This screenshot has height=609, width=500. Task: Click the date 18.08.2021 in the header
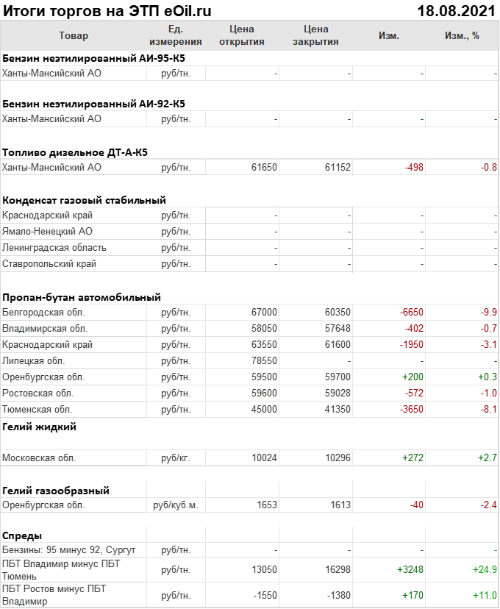click(x=455, y=10)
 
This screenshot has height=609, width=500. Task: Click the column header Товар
click(x=73, y=36)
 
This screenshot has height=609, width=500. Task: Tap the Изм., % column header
click(x=462, y=36)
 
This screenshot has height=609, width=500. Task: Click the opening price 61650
click(x=264, y=168)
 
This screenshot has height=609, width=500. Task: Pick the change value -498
click(x=414, y=168)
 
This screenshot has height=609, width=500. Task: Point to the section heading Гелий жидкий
click(x=40, y=427)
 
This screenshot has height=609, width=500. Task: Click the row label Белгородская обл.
click(x=43, y=312)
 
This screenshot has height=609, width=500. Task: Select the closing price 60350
click(x=337, y=312)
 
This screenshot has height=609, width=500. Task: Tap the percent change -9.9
click(x=489, y=312)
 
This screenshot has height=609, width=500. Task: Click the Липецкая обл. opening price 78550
click(x=264, y=360)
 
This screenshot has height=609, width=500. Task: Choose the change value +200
click(x=413, y=377)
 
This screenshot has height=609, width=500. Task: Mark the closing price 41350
click(x=337, y=409)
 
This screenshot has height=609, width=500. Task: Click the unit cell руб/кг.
click(x=176, y=457)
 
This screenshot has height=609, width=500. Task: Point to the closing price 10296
click(x=337, y=457)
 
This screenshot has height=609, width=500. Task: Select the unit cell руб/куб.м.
click(x=176, y=505)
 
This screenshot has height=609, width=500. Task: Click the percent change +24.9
click(x=485, y=569)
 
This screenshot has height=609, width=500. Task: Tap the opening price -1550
click(x=263, y=595)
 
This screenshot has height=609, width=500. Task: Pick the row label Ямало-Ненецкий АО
click(x=47, y=232)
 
